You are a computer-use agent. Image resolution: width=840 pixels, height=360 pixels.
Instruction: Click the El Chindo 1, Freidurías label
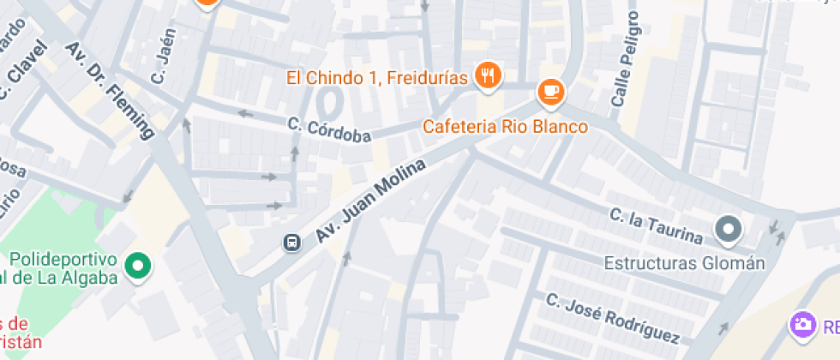pos(377,78)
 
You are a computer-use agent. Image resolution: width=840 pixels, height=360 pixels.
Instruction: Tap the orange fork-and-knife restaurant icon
pos(489,75)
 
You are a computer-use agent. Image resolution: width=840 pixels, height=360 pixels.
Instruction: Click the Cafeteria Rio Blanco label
pos(506,127)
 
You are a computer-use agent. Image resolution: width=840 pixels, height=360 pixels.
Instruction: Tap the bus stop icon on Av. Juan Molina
pos(291,243)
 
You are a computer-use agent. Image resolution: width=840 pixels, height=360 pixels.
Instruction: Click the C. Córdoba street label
pos(329,130)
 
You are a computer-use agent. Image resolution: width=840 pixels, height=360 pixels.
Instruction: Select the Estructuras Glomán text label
pos(684,263)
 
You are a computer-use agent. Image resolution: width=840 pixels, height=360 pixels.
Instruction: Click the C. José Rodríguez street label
pos(612,319)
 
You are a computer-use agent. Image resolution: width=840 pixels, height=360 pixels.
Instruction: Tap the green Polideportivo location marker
pos(136,267)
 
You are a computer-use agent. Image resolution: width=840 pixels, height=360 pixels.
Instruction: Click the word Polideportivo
pos(63,259)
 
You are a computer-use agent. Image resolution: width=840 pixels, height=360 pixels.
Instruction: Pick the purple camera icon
pos(802,325)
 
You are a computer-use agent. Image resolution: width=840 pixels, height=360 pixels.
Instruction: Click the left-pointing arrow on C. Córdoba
pos(245,113)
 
